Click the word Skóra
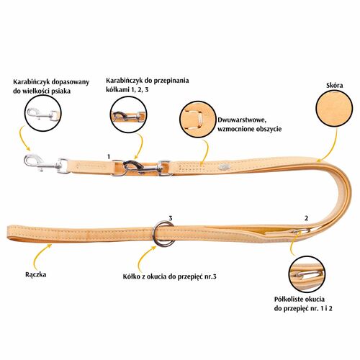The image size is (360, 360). point(335,86)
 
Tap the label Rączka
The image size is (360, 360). point(36,274)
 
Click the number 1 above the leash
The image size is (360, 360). point(109,157)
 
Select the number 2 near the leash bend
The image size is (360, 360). point(306,218)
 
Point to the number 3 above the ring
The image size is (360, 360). point(171,218)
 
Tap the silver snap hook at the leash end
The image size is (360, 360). point(42,163)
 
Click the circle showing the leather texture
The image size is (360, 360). point(334,109)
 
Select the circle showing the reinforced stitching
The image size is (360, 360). point(198,120)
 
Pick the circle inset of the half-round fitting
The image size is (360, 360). point(307,274)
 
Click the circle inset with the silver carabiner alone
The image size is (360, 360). point(43,114)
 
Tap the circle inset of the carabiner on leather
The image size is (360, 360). point(128,114)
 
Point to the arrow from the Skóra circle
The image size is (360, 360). point(333,146)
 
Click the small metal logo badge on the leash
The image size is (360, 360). point(222,166)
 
